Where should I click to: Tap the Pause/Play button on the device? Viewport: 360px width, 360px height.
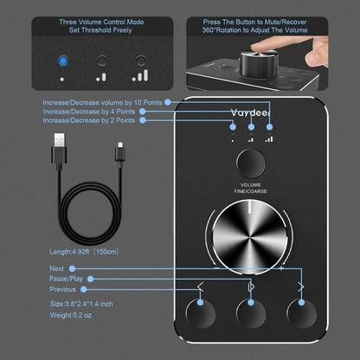(252, 315)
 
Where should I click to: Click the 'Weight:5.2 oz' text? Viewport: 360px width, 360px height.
(74, 316)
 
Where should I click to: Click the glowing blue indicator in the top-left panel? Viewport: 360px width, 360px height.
(61, 61)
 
